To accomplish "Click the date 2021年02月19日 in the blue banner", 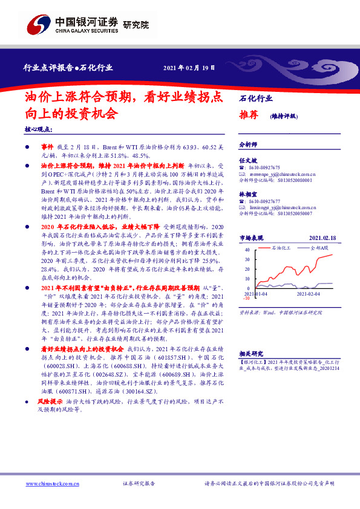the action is coord(189,67).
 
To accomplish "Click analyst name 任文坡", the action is coord(247,160).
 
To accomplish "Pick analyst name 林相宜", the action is coord(247,194).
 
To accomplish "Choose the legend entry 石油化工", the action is coord(283,248).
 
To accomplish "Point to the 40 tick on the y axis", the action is coord(246,249).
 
